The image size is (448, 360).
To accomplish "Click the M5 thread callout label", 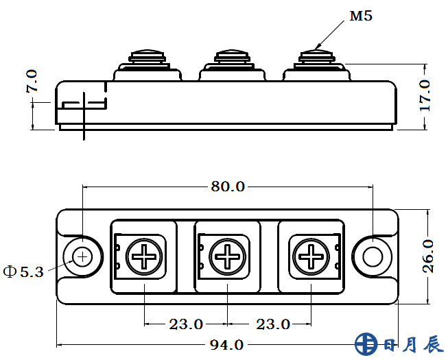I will (x=361, y=16).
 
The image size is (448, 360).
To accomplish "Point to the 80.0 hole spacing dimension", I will (x=226, y=187).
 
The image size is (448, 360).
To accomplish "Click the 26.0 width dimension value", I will (x=427, y=256).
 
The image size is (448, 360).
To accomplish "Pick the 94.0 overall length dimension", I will (x=226, y=344).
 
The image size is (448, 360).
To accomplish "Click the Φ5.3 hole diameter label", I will (x=23, y=272).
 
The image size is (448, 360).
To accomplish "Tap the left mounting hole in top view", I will (x=83, y=256).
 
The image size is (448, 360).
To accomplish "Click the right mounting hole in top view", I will (x=372, y=256).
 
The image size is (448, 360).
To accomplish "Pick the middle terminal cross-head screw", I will (x=226, y=257).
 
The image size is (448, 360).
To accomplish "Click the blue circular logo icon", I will (x=366, y=344).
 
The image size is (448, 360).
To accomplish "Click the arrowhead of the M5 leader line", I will (x=317, y=47).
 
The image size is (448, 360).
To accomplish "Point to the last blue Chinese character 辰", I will (x=433, y=344).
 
